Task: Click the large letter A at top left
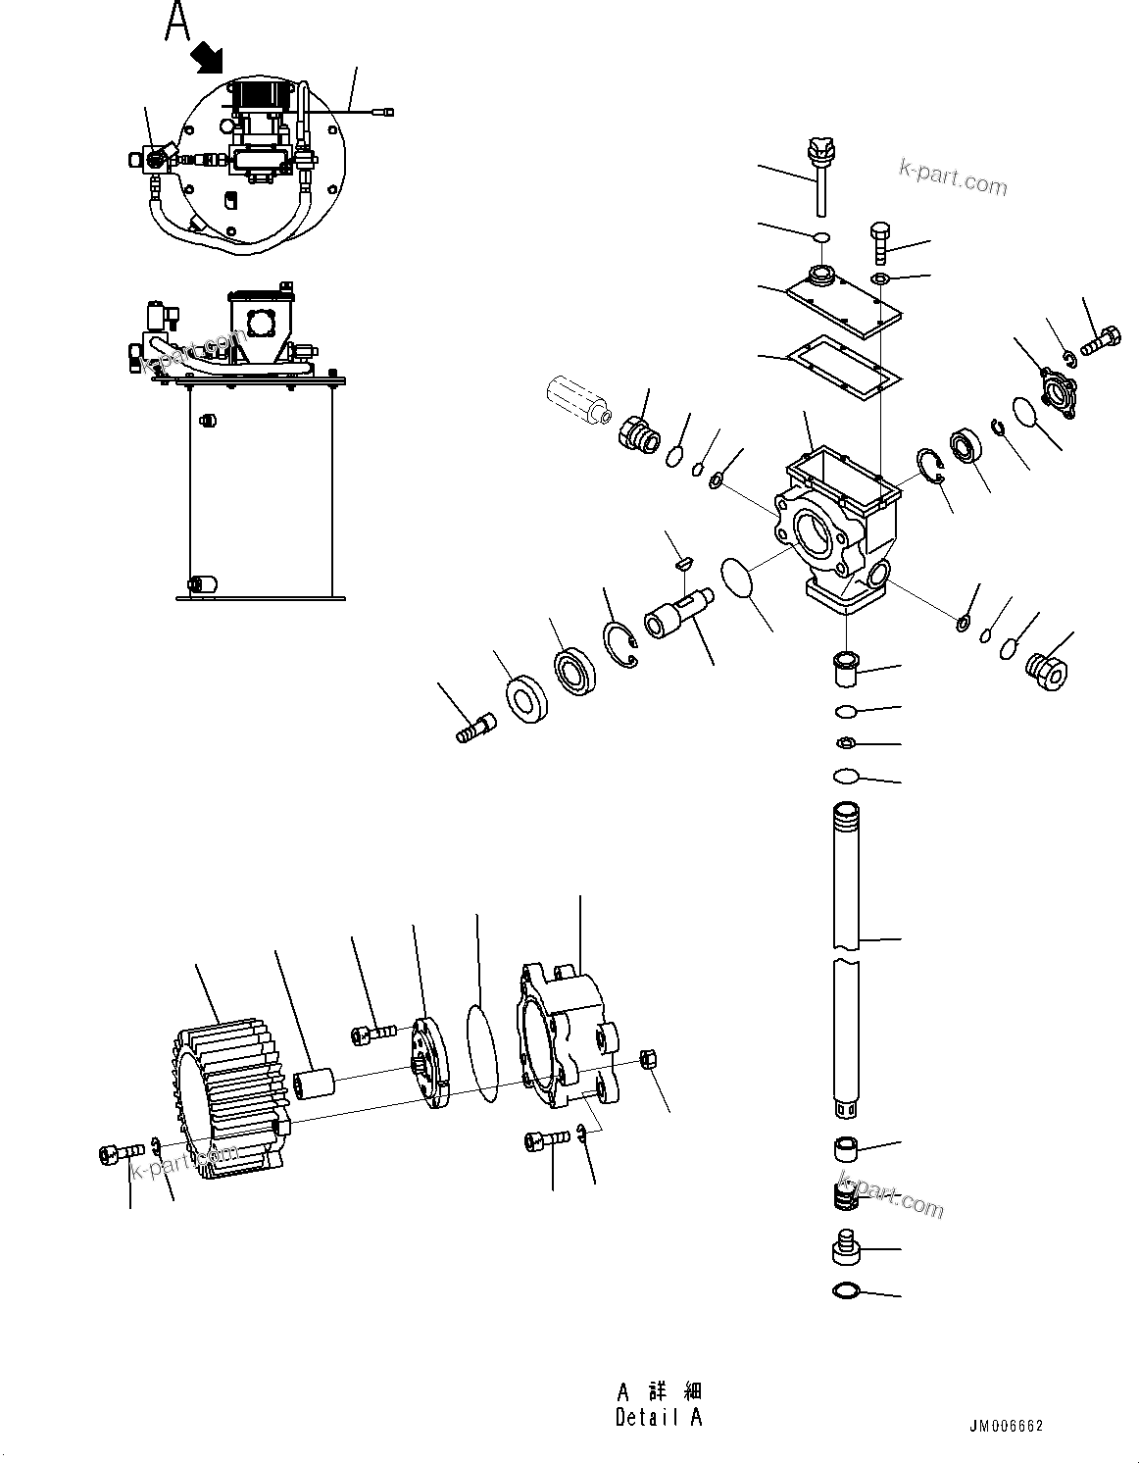click(x=177, y=22)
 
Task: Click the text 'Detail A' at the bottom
click(x=659, y=1417)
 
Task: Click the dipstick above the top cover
click(x=818, y=177)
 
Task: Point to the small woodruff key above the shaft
click(x=686, y=563)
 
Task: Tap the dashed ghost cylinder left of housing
click(x=573, y=403)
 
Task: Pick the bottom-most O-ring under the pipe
click(x=847, y=1291)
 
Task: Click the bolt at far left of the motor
click(x=114, y=1155)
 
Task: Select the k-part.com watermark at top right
click(x=953, y=177)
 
